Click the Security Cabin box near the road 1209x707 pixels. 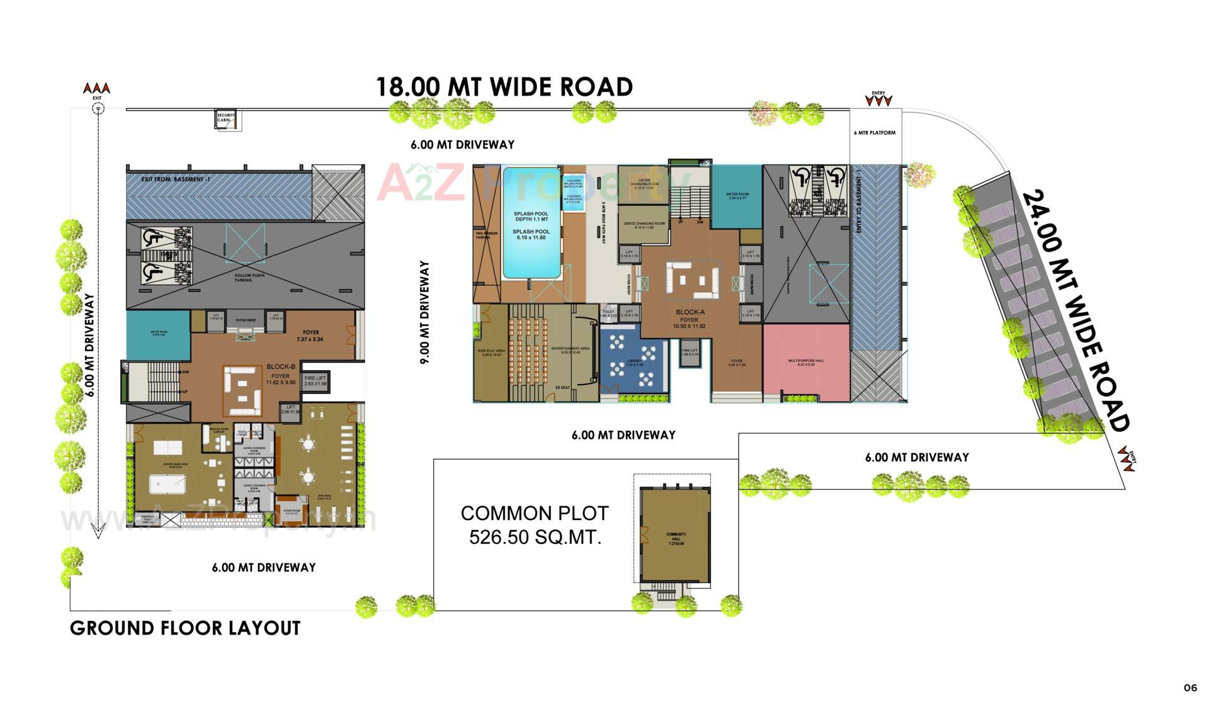[x=227, y=119]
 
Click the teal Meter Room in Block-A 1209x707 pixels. [x=736, y=198]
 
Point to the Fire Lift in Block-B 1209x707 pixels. [x=315, y=381]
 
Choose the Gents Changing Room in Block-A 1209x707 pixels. [x=644, y=225]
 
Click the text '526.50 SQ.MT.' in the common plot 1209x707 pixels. [x=535, y=538]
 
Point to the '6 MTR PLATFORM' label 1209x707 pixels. [x=875, y=133]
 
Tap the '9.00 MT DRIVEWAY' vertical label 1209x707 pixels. [x=425, y=312]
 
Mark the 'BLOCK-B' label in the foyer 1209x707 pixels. [x=280, y=366]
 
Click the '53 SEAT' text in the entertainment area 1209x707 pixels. [x=562, y=388]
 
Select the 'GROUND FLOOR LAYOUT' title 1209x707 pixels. [x=185, y=628]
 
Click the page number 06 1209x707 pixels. [x=1189, y=688]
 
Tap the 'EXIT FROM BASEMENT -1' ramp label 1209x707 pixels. [x=176, y=179]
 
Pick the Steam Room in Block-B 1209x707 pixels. [x=292, y=511]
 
